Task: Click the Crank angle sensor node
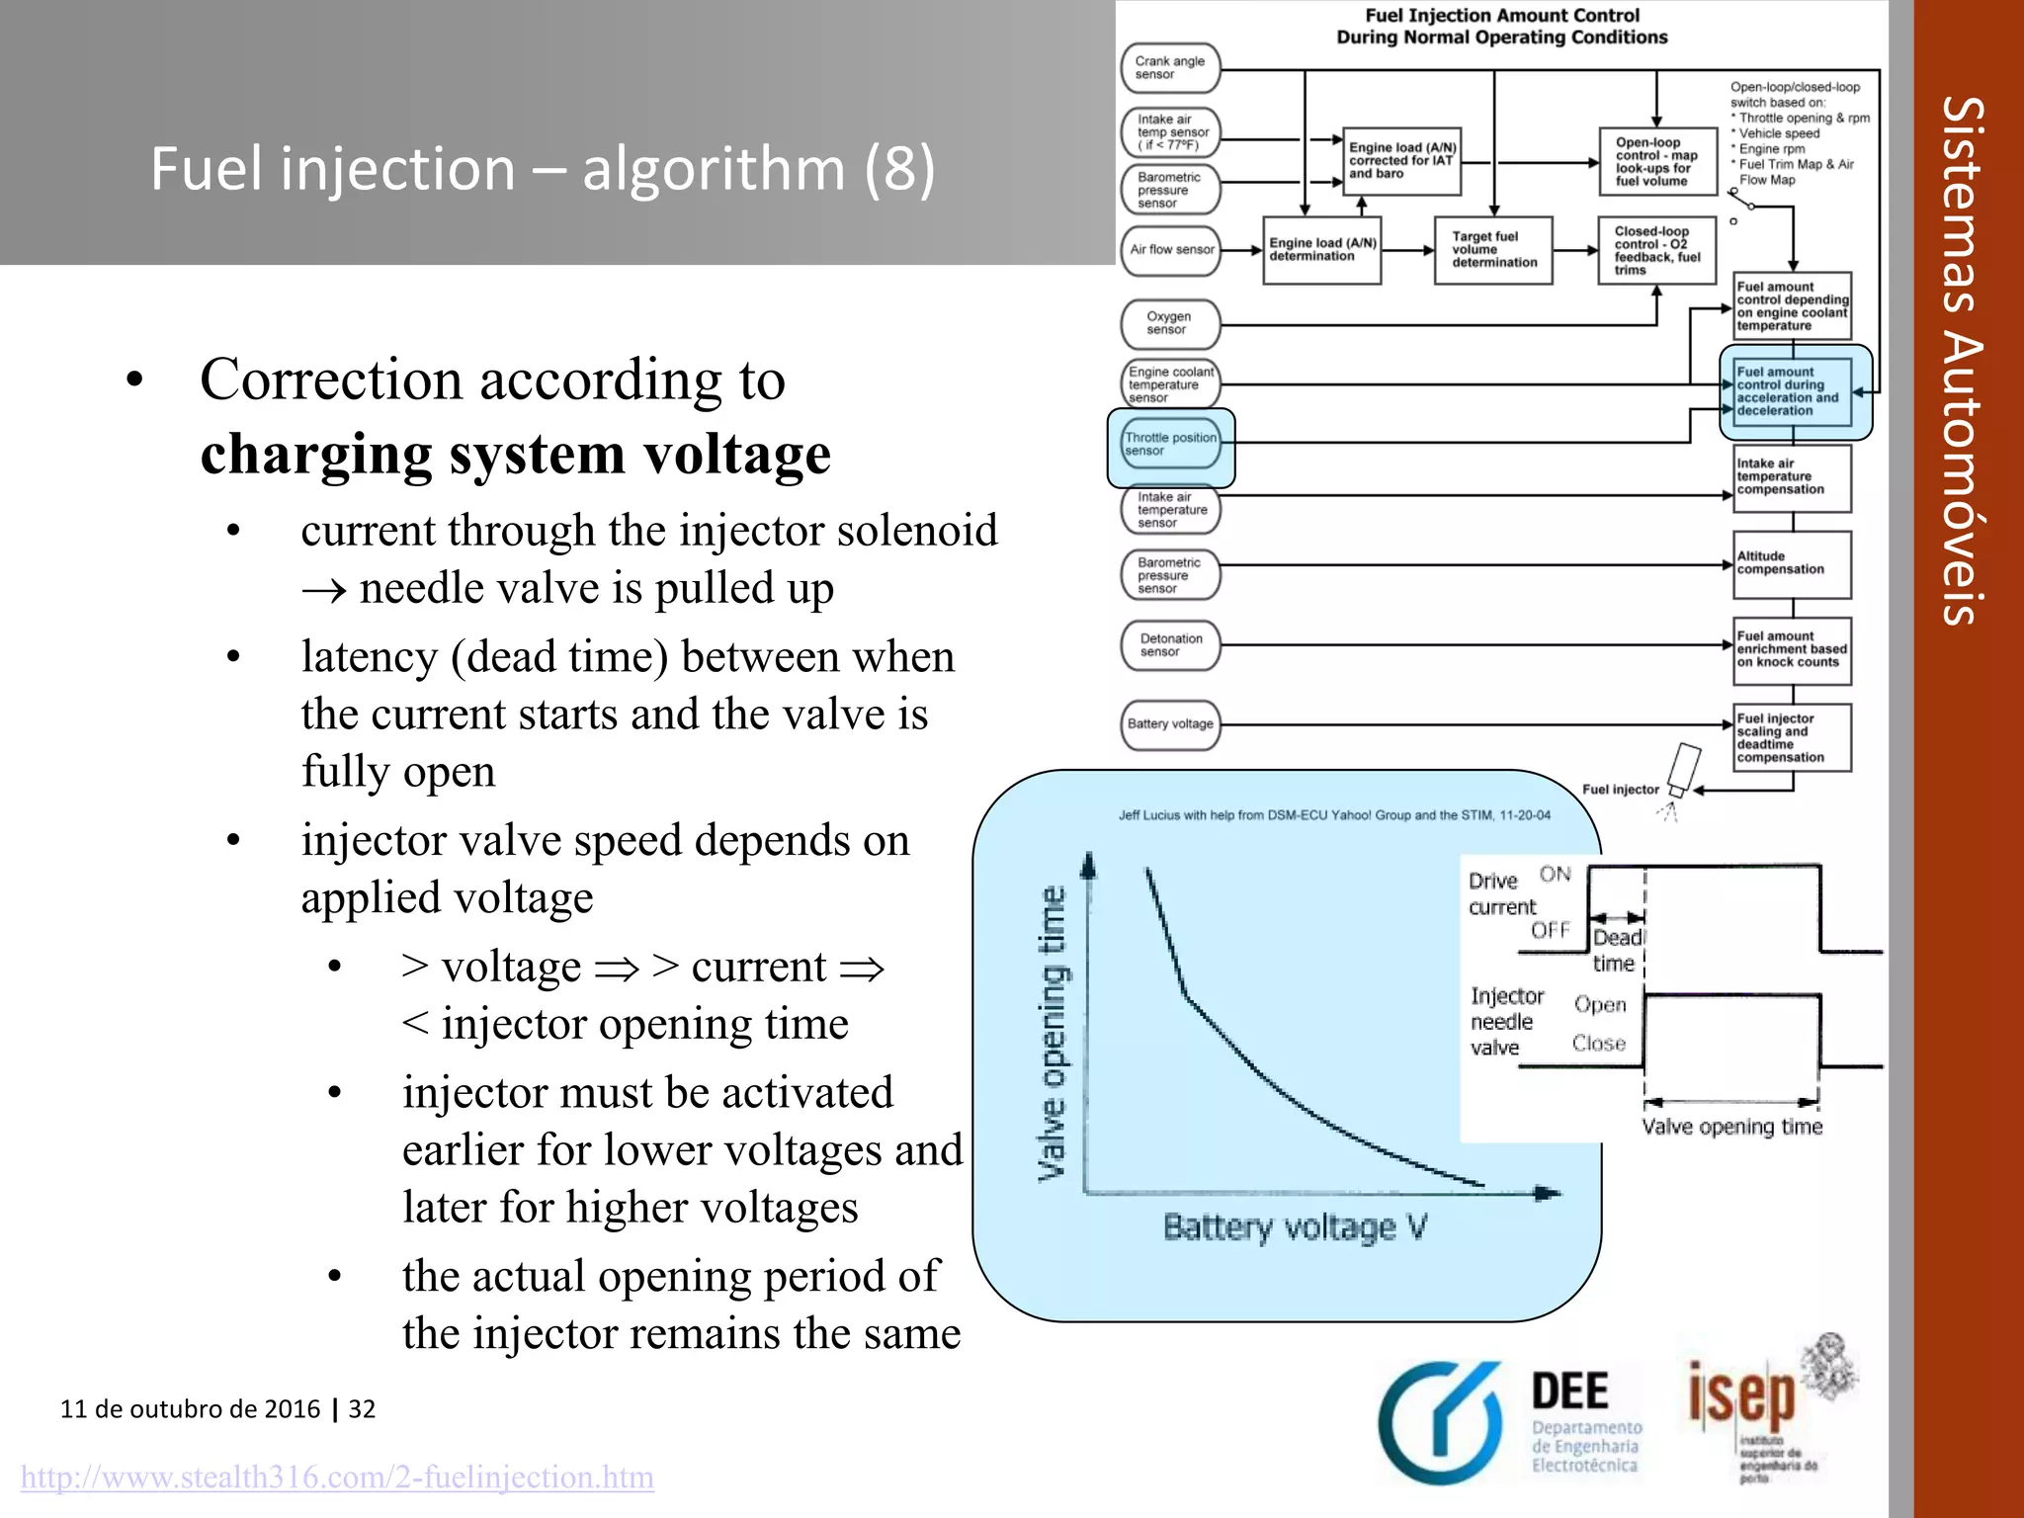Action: click(x=1170, y=68)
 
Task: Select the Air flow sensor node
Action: click(x=1171, y=250)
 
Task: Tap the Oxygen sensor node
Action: click(x=1170, y=323)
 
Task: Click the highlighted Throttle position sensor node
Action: click(x=1171, y=445)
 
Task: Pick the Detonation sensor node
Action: click(x=1171, y=645)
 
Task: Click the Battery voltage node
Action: click(x=1170, y=724)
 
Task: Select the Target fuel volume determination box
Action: click(x=1493, y=250)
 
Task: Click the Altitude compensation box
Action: click(x=1793, y=564)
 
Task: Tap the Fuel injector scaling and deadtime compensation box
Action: click(x=1793, y=738)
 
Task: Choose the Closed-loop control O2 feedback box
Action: click(x=1656, y=251)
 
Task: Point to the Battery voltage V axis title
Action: click(x=1295, y=1227)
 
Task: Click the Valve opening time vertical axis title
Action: click(x=1054, y=1033)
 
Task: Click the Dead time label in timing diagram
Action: click(x=1616, y=950)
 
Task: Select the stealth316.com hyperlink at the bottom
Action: click(x=337, y=1477)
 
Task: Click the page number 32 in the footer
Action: click(x=362, y=1409)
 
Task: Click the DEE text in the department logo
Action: click(x=1569, y=1391)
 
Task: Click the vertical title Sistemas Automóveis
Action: click(x=1963, y=361)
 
